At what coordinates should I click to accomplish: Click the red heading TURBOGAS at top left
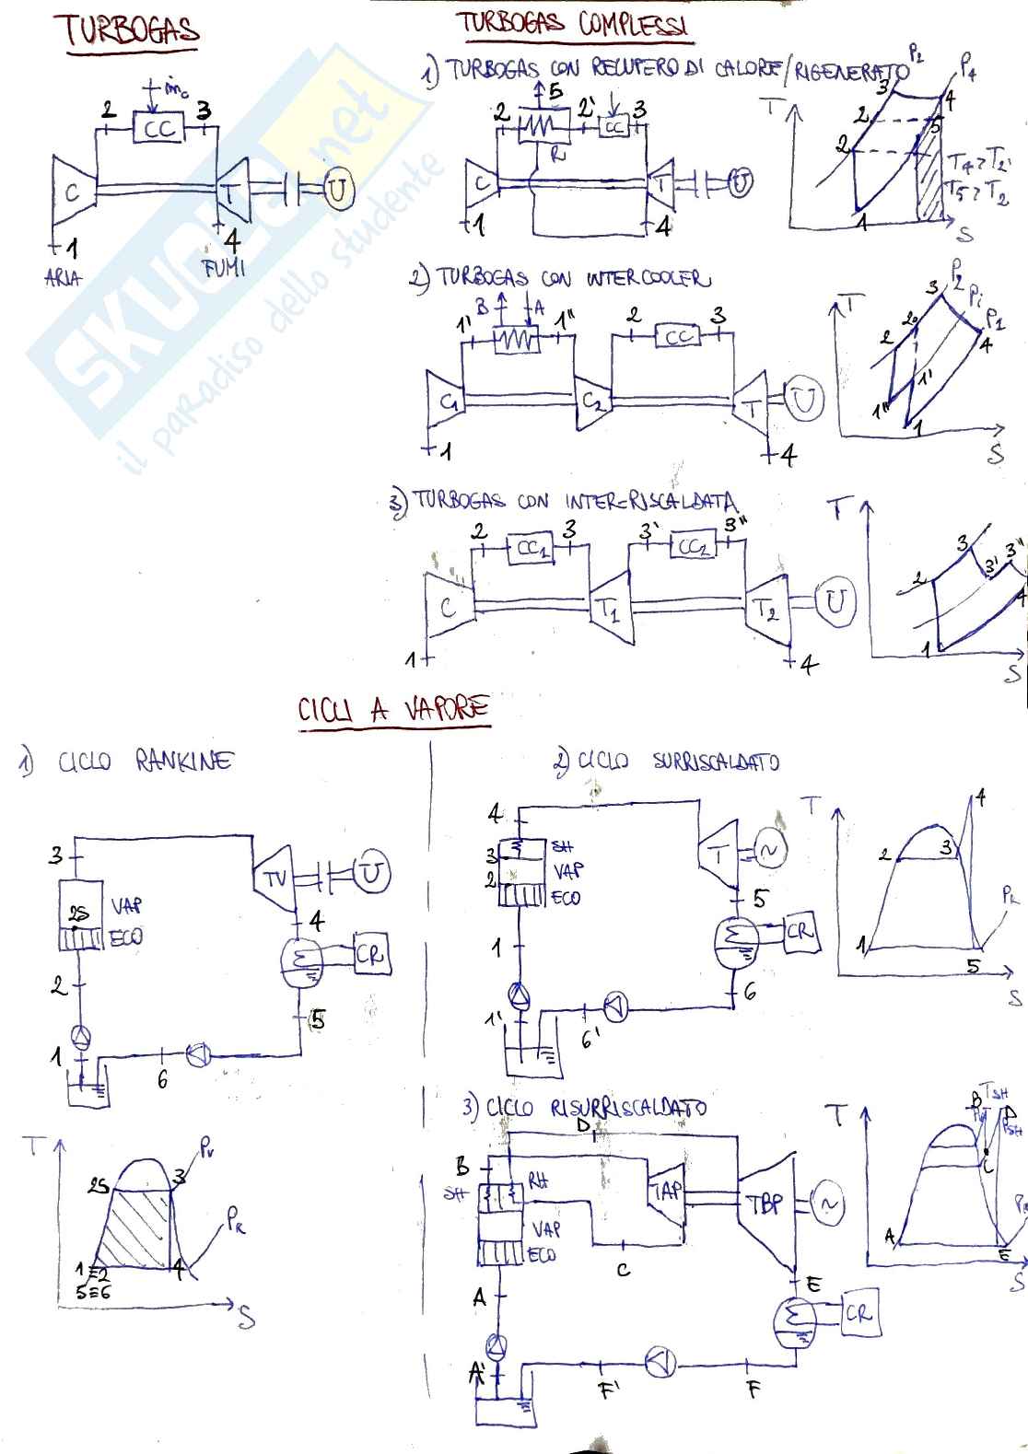[131, 31]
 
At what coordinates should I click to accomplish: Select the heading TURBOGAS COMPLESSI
[573, 24]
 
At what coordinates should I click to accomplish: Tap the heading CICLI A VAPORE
[393, 710]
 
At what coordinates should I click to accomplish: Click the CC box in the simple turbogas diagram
[158, 128]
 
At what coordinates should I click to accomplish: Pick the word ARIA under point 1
[63, 277]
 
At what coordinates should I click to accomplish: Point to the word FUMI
[223, 269]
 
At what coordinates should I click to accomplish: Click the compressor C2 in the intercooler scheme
[590, 401]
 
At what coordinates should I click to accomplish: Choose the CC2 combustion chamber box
[693, 546]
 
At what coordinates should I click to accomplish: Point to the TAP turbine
[666, 1192]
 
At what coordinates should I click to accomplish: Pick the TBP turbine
[765, 1203]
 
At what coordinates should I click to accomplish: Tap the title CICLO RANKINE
[146, 762]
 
